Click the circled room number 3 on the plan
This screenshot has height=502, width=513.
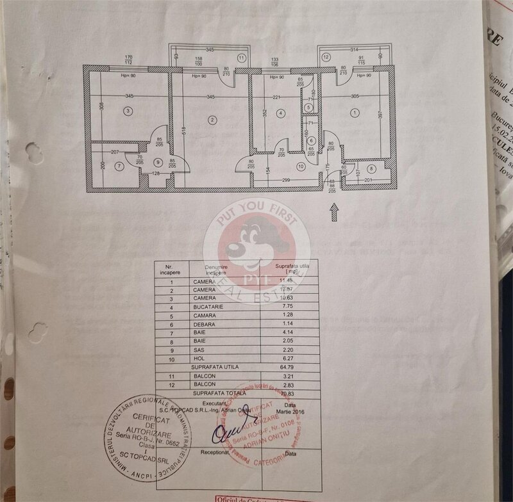(x=128, y=111)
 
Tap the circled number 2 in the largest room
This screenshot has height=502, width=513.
(x=211, y=120)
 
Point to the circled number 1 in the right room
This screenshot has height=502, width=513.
(x=355, y=113)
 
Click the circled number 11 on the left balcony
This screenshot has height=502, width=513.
(x=241, y=58)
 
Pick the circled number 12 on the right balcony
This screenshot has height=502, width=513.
(x=326, y=58)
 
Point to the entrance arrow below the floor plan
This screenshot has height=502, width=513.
(x=333, y=211)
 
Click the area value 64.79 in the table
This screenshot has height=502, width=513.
(x=285, y=367)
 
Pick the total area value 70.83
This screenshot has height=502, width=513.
(x=285, y=393)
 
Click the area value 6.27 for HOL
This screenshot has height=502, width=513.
(x=285, y=359)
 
